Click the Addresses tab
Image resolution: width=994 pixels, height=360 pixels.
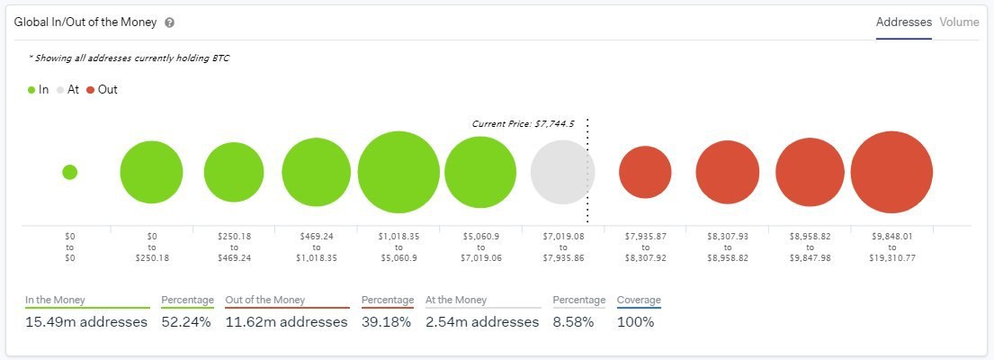pos(903,22)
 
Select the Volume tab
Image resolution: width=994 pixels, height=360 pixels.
pos(959,22)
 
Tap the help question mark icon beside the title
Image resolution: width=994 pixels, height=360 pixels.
pos(170,23)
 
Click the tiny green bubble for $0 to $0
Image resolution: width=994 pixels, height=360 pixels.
pos(70,172)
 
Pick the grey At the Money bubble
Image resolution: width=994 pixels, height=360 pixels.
pos(562,172)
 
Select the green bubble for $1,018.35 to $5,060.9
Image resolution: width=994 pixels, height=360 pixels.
pos(398,172)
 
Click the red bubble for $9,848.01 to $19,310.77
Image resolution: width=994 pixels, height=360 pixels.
pos(891,172)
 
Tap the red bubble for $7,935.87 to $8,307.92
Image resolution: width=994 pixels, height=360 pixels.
pos(645,172)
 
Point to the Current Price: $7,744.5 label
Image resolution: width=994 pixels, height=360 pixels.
pos(523,123)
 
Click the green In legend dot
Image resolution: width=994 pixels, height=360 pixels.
pos(31,90)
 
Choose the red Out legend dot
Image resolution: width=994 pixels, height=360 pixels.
pos(91,90)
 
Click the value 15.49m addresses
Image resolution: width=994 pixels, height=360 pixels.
pos(81,322)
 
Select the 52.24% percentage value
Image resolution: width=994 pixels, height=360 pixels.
pos(186,322)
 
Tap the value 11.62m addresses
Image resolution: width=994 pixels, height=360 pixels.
pos(286,322)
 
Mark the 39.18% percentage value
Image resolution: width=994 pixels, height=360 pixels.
pos(386,322)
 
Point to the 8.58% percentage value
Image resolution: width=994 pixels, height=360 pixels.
pos(573,322)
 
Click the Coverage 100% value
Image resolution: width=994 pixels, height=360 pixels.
pos(635,322)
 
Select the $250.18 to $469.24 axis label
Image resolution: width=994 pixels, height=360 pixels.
pos(234,247)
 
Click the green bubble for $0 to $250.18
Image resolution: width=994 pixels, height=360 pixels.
pos(151,172)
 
